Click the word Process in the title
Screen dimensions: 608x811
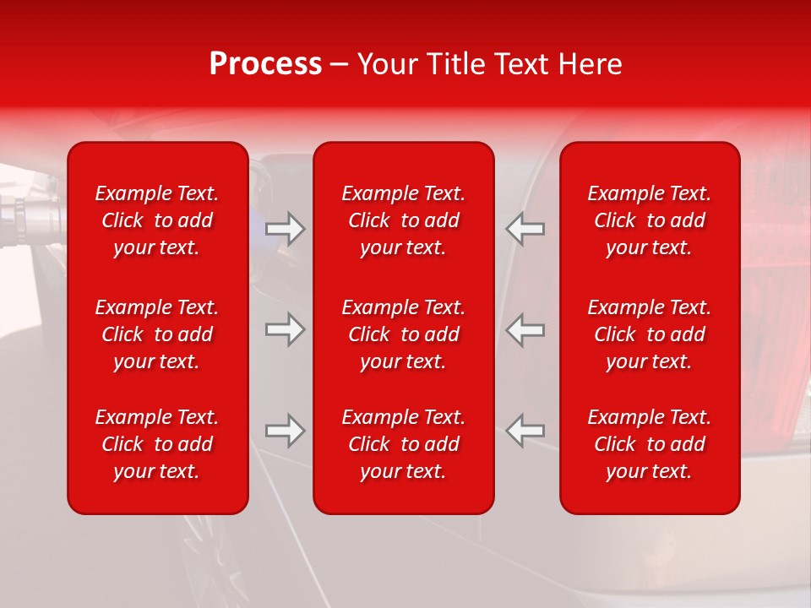coord(265,64)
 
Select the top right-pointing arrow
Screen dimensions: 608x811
coord(286,229)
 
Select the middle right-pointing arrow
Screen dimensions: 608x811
coord(286,328)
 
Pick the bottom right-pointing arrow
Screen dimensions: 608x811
coord(286,431)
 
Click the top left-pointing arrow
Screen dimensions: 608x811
coord(525,229)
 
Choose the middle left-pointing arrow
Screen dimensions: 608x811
coord(525,328)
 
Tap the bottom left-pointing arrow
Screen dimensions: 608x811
coord(525,431)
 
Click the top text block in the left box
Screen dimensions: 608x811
coord(157,220)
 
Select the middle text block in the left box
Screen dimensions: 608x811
coord(157,334)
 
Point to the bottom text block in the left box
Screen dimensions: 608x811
coord(157,444)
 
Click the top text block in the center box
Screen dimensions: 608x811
coord(404,220)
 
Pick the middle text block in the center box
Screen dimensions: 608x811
coord(404,334)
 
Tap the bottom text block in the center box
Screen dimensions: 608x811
coord(404,444)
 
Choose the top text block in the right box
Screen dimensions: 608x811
coord(650,220)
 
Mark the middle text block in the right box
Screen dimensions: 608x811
coord(650,334)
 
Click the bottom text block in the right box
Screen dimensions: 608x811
coord(650,444)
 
